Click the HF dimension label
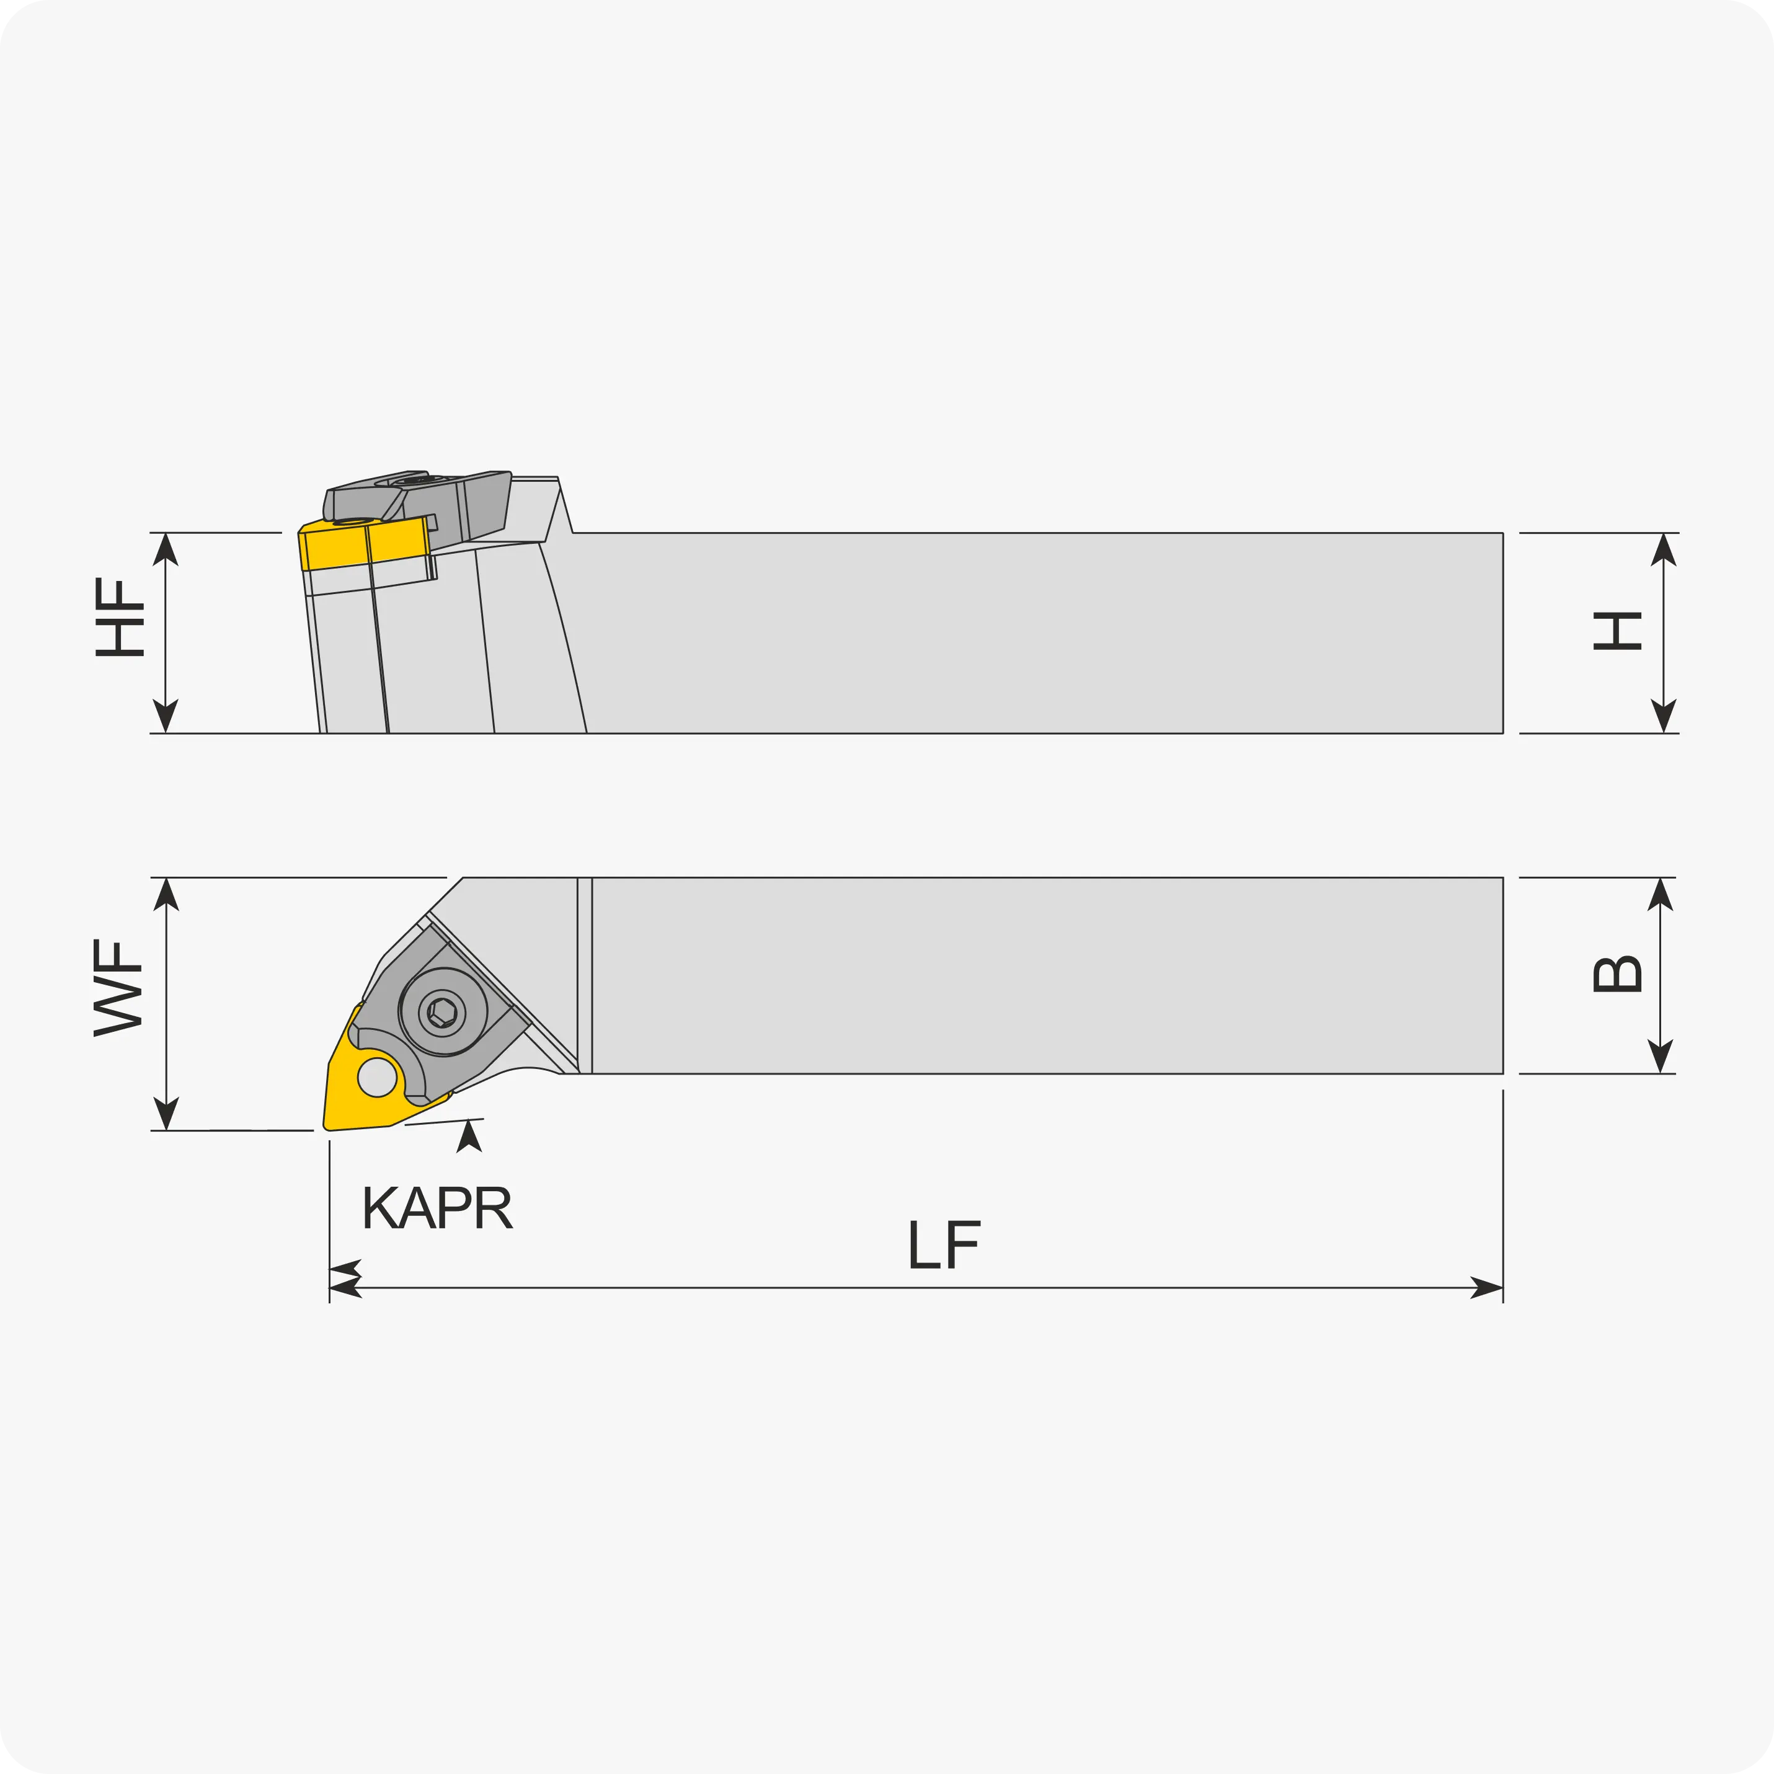pyautogui.click(x=120, y=617)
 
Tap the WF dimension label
pyautogui.click(x=118, y=988)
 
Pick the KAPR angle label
pyautogui.click(x=437, y=1207)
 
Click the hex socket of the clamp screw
pyautogui.click(x=443, y=1013)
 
